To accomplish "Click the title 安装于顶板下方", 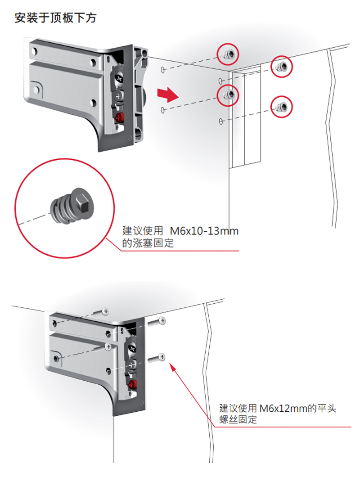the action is [55, 18].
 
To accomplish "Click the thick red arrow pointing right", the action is [166, 94].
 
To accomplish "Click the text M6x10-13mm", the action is [204, 232].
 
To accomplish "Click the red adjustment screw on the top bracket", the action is [120, 117].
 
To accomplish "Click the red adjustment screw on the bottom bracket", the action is [132, 385].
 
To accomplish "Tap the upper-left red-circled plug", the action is [228, 54].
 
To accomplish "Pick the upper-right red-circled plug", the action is [282, 67].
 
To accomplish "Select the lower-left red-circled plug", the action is [229, 94].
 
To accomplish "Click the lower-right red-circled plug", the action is [282, 107].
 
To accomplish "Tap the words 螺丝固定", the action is [238, 420].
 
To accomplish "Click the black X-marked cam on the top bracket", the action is [119, 79].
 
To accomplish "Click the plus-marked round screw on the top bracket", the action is [120, 96].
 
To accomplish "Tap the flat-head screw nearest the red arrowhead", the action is [157, 358].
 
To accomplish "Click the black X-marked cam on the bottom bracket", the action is [132, 349].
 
